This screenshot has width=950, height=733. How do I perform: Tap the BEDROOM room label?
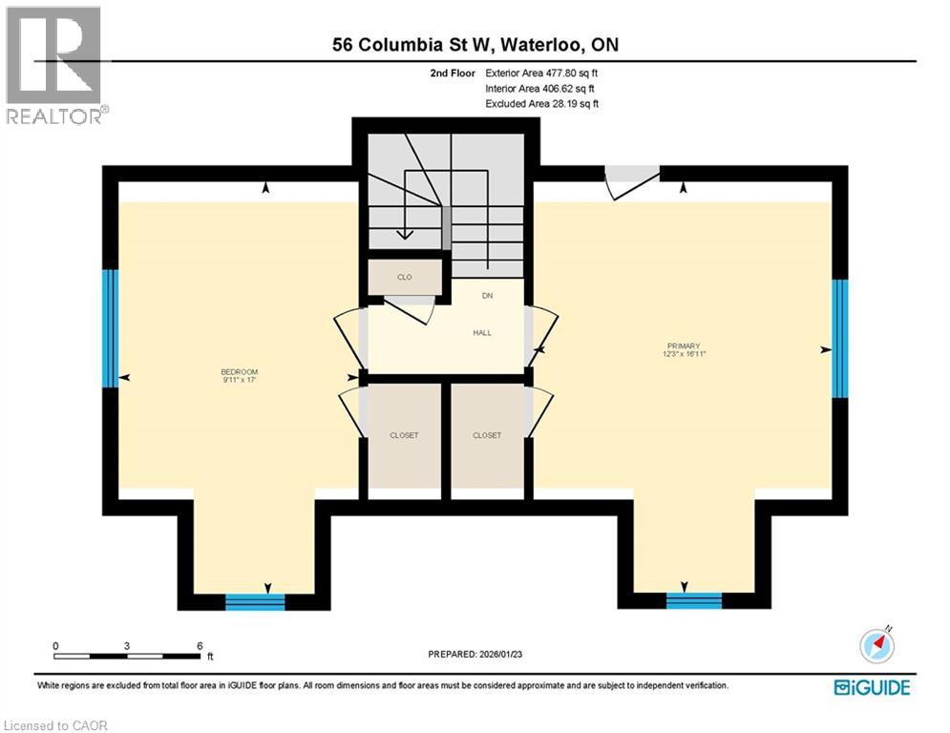(240, 372)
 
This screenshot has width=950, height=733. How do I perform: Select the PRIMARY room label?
(685, 346)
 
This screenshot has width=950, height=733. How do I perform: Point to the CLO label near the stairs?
(405, 277)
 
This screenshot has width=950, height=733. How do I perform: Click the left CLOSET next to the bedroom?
(404, 435)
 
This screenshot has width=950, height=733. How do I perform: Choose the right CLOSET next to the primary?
(487, 435)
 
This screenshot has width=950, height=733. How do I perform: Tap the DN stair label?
(486, 297)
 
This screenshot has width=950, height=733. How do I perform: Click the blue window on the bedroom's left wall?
(111, 328)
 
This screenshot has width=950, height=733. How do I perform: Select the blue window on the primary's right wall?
(839, 338)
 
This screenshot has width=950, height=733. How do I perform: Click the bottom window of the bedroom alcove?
(255, 601)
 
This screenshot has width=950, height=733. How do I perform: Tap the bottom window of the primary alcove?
(694, 600)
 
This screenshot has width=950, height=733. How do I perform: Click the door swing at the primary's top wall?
(631, 181)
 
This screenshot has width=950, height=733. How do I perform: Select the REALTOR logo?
(54, 65)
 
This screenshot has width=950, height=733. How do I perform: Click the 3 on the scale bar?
(127, 646)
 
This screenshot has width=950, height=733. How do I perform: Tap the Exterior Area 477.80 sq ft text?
(541, 73)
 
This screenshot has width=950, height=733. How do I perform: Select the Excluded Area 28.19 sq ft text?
(541, 103)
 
